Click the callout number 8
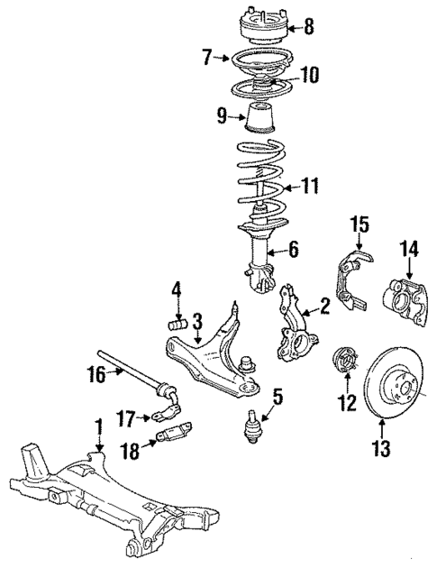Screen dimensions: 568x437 pyautogui.click(x=308, y=27)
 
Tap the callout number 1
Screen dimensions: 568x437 pyautogui.click(x=98, y=423)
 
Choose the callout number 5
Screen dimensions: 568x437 pyautogui.click(x=278, y=394)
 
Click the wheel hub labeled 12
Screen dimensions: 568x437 pyautogui.click(x=344, y=362)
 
